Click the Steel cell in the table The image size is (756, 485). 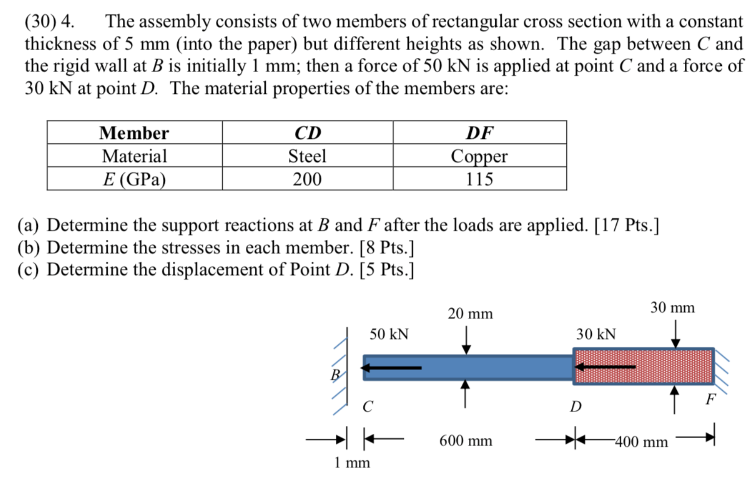click(x=307, y=156)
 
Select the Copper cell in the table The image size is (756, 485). click(x=479, y=156)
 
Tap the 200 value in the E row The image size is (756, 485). click(x=307, y=179)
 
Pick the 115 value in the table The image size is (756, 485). click(x=479, y=179)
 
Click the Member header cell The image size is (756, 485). click(x=134, y=133)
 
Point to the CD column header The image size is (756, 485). click(x=307, y=133)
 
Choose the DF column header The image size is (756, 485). click(x=480, y=133)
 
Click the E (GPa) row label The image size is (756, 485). click(x=134, y=179)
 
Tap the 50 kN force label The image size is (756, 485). click(x=389, y=334)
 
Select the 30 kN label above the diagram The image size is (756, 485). click(x=596, y=334)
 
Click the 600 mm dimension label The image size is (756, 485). click(x=466, y=441)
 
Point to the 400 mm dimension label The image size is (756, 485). click(x=642, y=442)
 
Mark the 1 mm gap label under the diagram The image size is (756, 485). click(x=352, y=463)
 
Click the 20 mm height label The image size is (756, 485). click(x=470, y=314)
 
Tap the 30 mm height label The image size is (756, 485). click(x=672, y=307)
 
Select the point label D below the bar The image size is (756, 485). click(x=576, y=407)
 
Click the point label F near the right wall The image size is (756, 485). click(x=710, y=399)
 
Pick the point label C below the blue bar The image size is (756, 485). click(x=367, y=407)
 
